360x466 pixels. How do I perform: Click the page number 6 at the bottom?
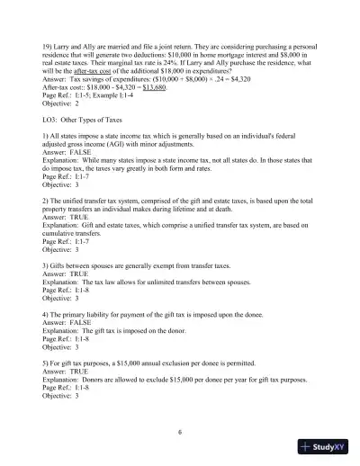180,432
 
